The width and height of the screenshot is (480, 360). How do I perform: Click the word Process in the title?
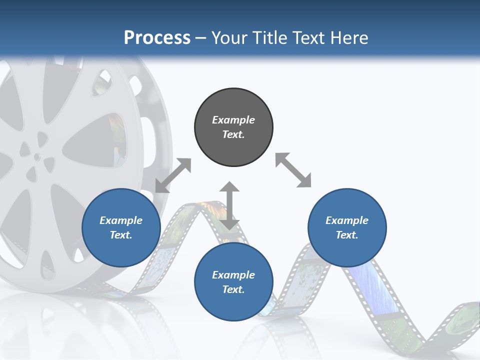[x=157, y=37]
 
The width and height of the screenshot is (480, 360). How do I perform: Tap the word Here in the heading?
[x=349, y=37]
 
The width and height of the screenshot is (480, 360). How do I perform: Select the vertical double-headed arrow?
[x=229, y=205]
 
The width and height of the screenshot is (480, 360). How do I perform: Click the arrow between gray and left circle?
[x=173, y=175]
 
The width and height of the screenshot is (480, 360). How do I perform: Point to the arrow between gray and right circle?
[x=293, y=170]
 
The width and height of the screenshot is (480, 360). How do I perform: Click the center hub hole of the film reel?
[x=37, y=156]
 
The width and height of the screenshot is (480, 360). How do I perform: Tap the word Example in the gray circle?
[x=233, y=120]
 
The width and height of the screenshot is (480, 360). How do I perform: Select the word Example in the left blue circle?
[x=121, y=220]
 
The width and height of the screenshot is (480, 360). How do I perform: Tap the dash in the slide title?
[x=200, y=38]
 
